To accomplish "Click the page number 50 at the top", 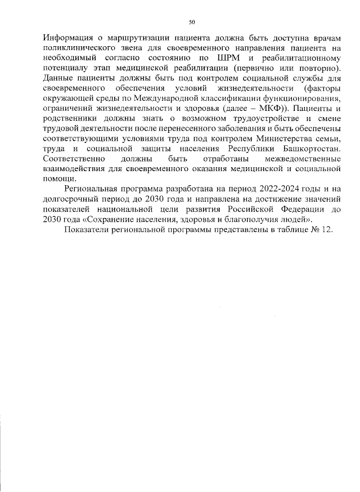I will pos(191,22).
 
